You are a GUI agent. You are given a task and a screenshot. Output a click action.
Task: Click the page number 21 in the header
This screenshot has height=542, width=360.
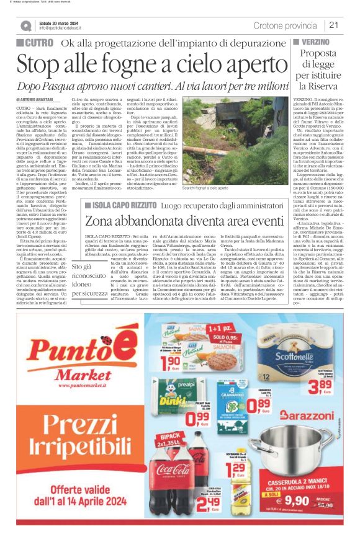[x=334, y=25]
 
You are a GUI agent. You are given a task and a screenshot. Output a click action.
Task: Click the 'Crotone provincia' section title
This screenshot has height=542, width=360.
[x=286, y=25]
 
